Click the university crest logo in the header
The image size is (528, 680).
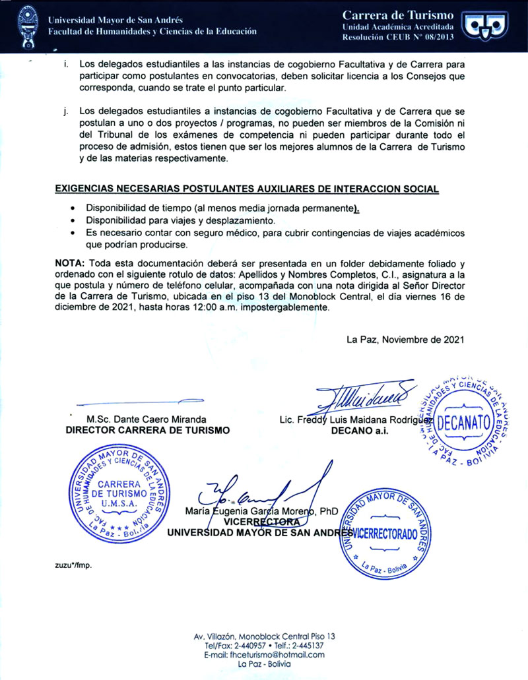[27, 25]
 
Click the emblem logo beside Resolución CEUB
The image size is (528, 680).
[487, 25]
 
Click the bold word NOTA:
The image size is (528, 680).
[69, 263]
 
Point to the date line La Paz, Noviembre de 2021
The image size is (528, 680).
[405, 340]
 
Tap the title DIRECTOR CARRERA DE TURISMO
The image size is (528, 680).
[148, 430]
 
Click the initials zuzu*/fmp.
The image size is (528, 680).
[73, 566]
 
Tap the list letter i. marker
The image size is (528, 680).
[66, 65]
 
